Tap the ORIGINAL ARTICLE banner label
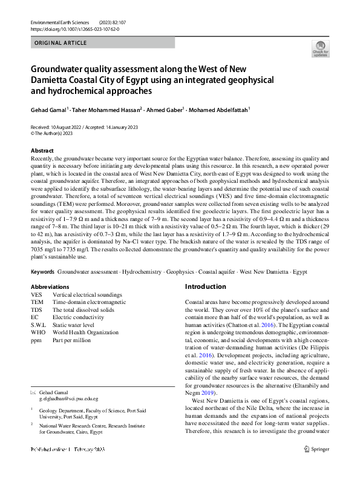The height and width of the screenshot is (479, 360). pyautogui.click(x=61, y=43)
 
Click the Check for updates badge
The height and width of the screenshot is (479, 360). pyautogui.click(x=320, y=48)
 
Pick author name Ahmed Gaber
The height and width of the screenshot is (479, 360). pyautogui.click(x=165, y=111)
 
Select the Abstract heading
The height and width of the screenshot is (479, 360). pyautogui.click(x=42, y=151)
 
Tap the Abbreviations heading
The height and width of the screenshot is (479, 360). pyautogui.click(x=50, y=286)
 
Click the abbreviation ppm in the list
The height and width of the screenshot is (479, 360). pyautogui.click(x=36, y=340)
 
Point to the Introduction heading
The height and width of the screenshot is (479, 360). pyautogui.click(x=206, y=286)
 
